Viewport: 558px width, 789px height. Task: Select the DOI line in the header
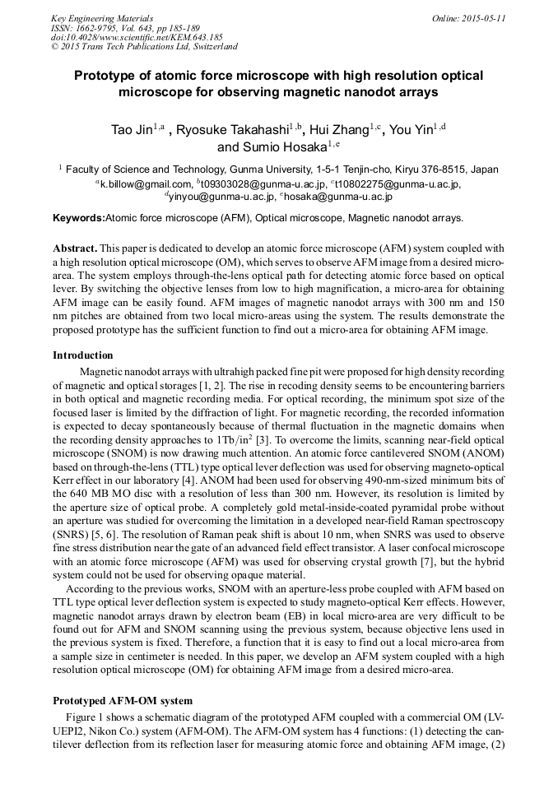click(x=137, y=38)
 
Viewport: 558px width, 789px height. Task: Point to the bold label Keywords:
click(x=79, y=219)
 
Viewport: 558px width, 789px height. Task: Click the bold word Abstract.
click(x=76, y=248)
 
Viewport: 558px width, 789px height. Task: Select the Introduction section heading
click(x=83, y=355)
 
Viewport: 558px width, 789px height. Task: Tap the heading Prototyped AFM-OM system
click(x=123, y=701)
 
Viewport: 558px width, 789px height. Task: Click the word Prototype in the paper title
click(x=107, y=77)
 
